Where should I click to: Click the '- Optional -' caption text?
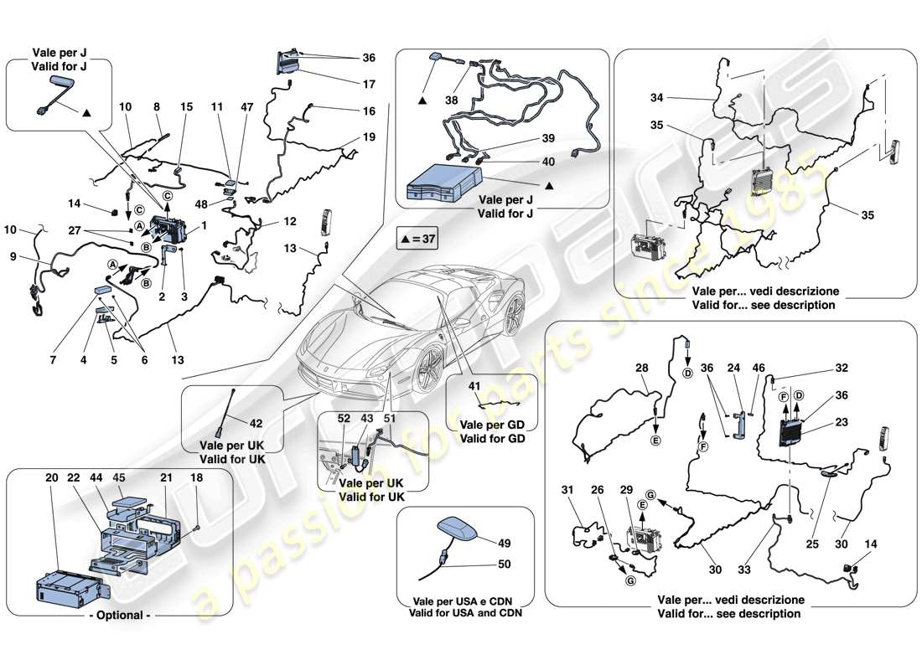click(x=117, y=616)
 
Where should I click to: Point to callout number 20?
click(x=53, y=477)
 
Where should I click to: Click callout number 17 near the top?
click(x=370, y=84)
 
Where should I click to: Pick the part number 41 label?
click(x=474, y=387)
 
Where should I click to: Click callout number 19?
click(x=370, y=136)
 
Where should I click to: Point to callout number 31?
click(x=567, y=490)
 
